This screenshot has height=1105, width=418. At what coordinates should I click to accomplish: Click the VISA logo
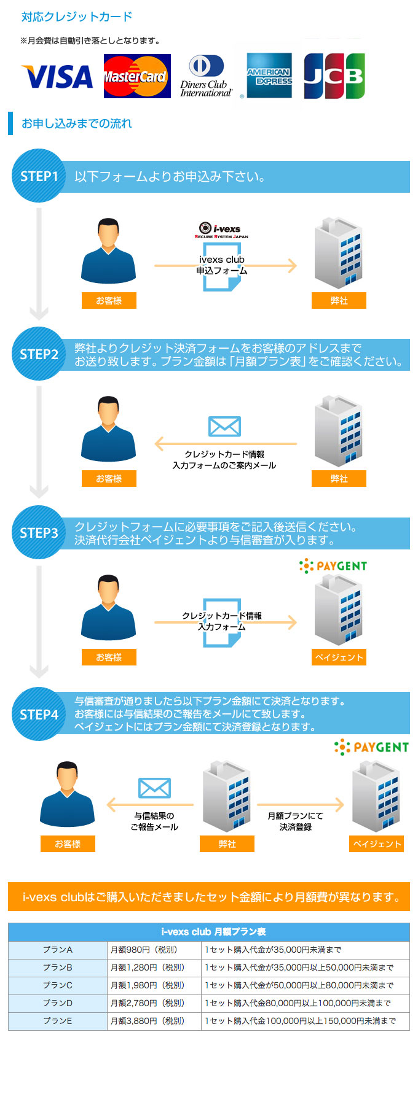(57, 77)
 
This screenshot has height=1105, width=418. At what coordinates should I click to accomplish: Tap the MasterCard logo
(136, 77)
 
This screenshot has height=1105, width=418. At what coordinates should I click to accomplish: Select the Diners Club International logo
(206, 77)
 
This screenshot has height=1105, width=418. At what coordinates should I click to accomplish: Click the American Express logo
(269, 76)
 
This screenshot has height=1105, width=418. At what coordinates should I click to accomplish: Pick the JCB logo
(334, 76)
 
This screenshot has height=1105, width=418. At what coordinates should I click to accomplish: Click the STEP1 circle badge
(39, 176)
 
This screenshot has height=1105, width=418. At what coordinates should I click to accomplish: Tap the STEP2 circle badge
(39, 354)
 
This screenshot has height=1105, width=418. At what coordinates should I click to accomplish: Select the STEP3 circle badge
(39, 533)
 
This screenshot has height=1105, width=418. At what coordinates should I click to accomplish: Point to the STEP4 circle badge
(39, 715)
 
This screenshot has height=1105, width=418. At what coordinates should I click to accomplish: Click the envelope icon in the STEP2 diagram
(224, 427)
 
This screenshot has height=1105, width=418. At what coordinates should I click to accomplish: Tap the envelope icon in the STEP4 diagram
(154, 788)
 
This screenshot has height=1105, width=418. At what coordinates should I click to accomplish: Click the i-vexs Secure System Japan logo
(221, 231)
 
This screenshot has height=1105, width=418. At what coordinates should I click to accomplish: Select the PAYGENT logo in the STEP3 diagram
(333, 566)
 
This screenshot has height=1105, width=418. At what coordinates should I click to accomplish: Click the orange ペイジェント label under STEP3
(339, 657)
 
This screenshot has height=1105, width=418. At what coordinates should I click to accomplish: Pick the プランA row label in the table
(58, 950)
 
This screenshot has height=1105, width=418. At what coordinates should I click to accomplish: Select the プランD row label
(58, 1003)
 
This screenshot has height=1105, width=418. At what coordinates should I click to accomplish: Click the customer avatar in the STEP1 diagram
(108, 251)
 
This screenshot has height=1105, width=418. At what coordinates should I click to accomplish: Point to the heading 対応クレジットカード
(77, 17)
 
